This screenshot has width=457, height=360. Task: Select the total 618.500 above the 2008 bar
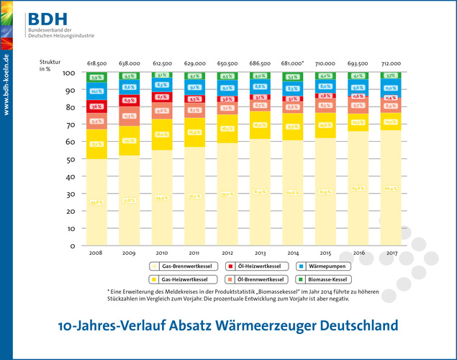(96, 63)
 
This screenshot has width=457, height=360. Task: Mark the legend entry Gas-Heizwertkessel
(177, 278)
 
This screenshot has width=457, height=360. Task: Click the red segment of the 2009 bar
(129, 100)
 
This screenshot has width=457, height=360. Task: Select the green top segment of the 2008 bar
(96, 77)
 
